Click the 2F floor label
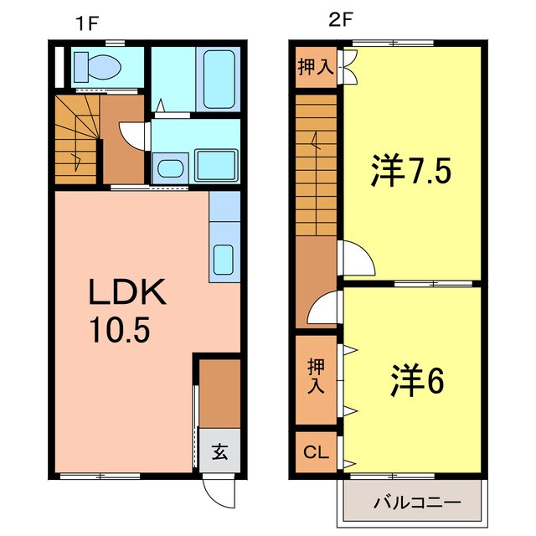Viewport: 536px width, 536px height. pos(338,22)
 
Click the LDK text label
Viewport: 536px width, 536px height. pos(130,295)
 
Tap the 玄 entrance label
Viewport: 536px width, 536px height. pos(219,452)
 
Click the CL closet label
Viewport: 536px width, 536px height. pos(315,454)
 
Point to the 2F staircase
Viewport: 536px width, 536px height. pos(316,164)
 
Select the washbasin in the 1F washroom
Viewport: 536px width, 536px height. pos(170,167)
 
